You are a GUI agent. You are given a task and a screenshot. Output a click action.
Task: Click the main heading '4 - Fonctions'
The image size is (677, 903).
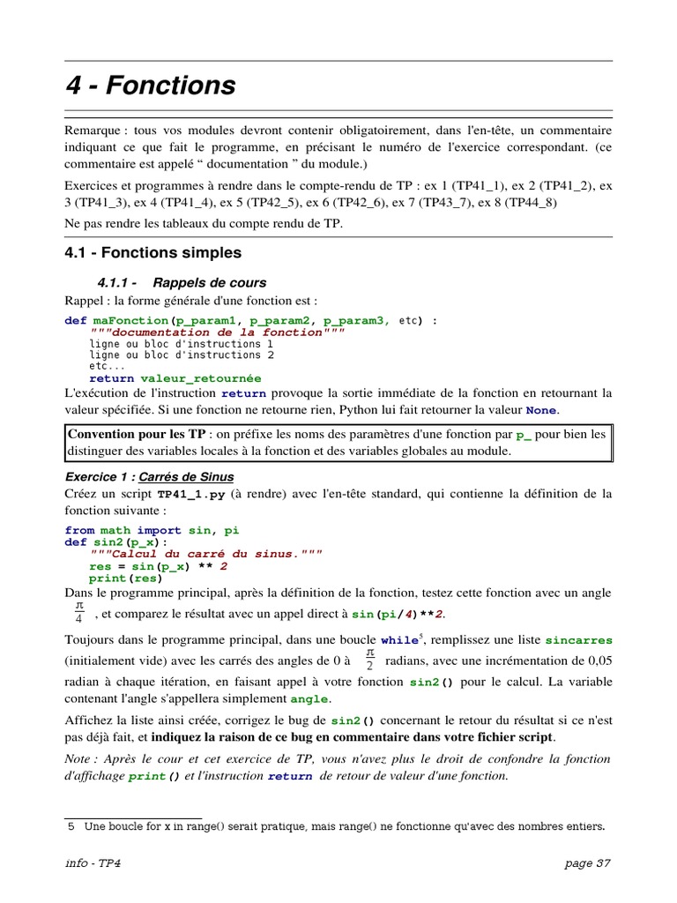tap(151, 86)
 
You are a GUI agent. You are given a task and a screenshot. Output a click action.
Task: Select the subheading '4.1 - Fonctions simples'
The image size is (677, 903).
tap(153, 253)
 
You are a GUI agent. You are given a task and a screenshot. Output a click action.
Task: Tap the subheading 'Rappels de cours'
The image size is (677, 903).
tap(209, 283)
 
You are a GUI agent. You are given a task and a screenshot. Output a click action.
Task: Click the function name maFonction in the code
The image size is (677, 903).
tap(130, 320)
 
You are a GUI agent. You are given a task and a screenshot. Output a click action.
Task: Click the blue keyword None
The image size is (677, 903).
tap(541, 411)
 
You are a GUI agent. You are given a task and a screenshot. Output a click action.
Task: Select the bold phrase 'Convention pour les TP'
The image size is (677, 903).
tap(137, 434)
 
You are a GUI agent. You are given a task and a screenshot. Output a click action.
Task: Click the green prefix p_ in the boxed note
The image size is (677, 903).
tap(524, 434)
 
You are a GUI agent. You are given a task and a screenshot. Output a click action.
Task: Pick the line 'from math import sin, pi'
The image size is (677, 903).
tap(152, 530)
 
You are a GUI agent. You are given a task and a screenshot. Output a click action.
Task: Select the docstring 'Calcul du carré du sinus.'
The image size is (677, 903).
tap(206, 554)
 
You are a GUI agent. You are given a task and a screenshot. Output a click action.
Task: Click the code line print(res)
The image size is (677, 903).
tap(125, 578)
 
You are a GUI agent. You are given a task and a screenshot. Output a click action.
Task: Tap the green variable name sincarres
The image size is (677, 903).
tap(578, 640)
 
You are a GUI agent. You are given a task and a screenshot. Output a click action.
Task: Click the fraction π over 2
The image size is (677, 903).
tap(369, 659)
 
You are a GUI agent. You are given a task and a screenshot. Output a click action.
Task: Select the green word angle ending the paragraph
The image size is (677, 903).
tap(309, 699)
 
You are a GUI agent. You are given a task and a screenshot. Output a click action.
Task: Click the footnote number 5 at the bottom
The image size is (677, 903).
tap(71, 826)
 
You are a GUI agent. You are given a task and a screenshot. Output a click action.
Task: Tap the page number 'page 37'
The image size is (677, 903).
tap(587, 863)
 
